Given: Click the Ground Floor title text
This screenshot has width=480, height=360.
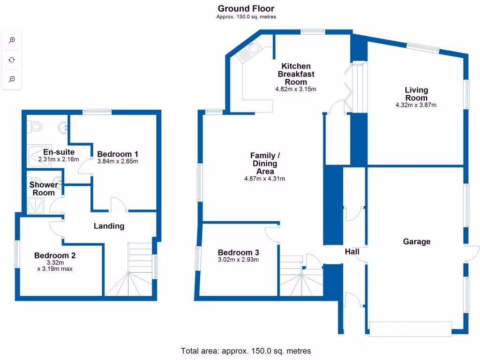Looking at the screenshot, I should pyautogui.click(x=246, y=8).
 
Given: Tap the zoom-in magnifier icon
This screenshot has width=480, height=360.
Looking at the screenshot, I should pyautogui.click(x=12, y=40).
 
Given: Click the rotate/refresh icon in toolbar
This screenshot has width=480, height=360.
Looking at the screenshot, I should pyautogui.click(x=12, y=60).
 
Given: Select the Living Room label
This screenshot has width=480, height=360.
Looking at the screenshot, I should pyautogui.click(x=416, y=94).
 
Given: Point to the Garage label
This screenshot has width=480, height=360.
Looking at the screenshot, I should pyautogui.click(x=416, y=242).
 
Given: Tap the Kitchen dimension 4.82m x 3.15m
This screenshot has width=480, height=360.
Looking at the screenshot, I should pyautogui.click(x=296, y=89).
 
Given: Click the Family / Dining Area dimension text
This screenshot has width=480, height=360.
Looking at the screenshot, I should pyautogui.click(x=264, y=179).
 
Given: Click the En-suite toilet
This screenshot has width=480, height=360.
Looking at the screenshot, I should pyautogui.click(x=35, y=126).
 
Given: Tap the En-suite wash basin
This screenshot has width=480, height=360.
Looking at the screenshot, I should pyautogui.click(x=63, y=127).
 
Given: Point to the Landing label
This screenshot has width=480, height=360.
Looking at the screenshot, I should pyautogui.click(x=109, y=226).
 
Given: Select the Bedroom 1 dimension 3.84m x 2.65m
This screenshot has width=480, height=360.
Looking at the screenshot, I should pyautogui.click(x=117, y=161).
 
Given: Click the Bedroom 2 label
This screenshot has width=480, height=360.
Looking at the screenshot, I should pyautogui.click(x=55, y=256).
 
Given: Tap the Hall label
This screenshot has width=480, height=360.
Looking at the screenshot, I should pyautogui.click(x=352, y=252).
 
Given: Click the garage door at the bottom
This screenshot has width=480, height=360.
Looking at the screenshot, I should pyautogui.click(x=411, y=328).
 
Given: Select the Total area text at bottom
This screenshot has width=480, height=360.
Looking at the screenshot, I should pyautogui.click(x=246, y=351).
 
